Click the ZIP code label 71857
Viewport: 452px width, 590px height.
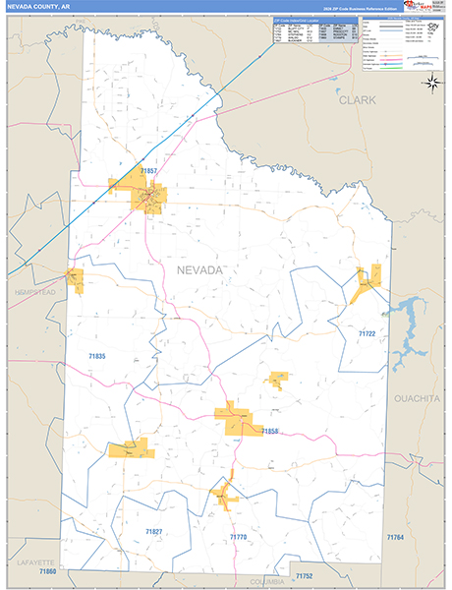coord(149,171)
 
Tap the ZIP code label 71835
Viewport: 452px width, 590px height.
coord(97,356)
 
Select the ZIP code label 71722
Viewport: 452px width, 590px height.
coord(367,334)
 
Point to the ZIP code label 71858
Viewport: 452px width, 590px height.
coord(270,432)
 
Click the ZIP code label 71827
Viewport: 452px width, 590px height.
coord(153,531)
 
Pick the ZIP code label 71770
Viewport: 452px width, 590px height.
coord(238,537)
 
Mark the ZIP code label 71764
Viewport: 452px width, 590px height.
coord(395,537)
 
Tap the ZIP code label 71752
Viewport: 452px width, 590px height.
coord(303,575)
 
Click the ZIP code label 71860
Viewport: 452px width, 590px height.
coord(47,571)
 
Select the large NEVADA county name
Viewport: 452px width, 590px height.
coord(199,269)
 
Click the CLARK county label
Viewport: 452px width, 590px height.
coord(358,100)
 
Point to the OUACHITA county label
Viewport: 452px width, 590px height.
coord(417,400)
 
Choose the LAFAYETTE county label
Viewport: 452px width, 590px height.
coord(37,561)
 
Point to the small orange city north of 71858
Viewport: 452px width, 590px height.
coord(278,378)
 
